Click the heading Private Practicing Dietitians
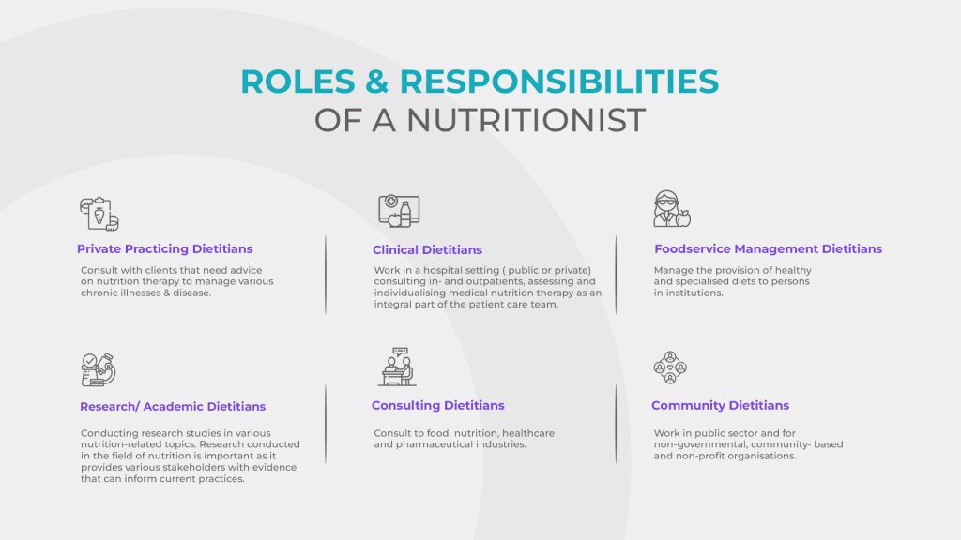coord(164,249)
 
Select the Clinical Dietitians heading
coord(427,249)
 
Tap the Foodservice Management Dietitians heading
coord(768,249)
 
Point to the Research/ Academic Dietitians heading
coord(173,407)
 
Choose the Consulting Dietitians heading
coord(437,405)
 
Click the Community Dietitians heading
coord(720,405)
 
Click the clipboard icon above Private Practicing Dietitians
coord(99,214)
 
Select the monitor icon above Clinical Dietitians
coord(399,211)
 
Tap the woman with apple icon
coord(672,209)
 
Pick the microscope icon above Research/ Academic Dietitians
coord(98,369)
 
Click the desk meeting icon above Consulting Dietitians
coord(398,367)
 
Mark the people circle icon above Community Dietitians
coord(670,367)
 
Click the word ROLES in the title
coord(297,82)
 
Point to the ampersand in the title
coord(377,82)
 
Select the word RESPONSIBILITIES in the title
coord(559,82)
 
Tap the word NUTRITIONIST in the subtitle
coord(526,120)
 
